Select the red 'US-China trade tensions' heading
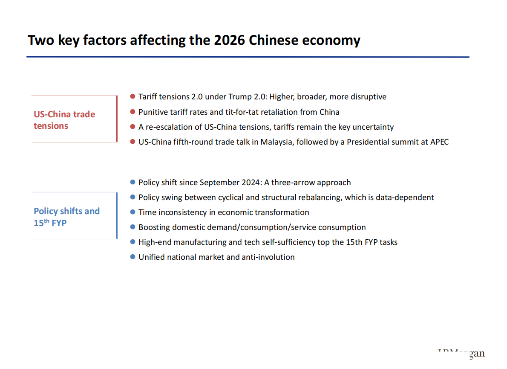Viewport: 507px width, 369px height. coord(64,120)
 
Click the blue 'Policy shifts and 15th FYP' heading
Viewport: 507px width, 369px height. coord(66,217)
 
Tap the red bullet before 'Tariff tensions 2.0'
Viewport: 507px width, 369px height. coord(133,97)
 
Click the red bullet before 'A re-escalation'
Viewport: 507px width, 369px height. coord(133,127)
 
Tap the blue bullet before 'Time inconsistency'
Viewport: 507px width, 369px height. coord(133,212)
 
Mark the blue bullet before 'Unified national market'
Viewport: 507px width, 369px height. coord(133,257)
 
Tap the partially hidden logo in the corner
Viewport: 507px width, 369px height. coord(462,353)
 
